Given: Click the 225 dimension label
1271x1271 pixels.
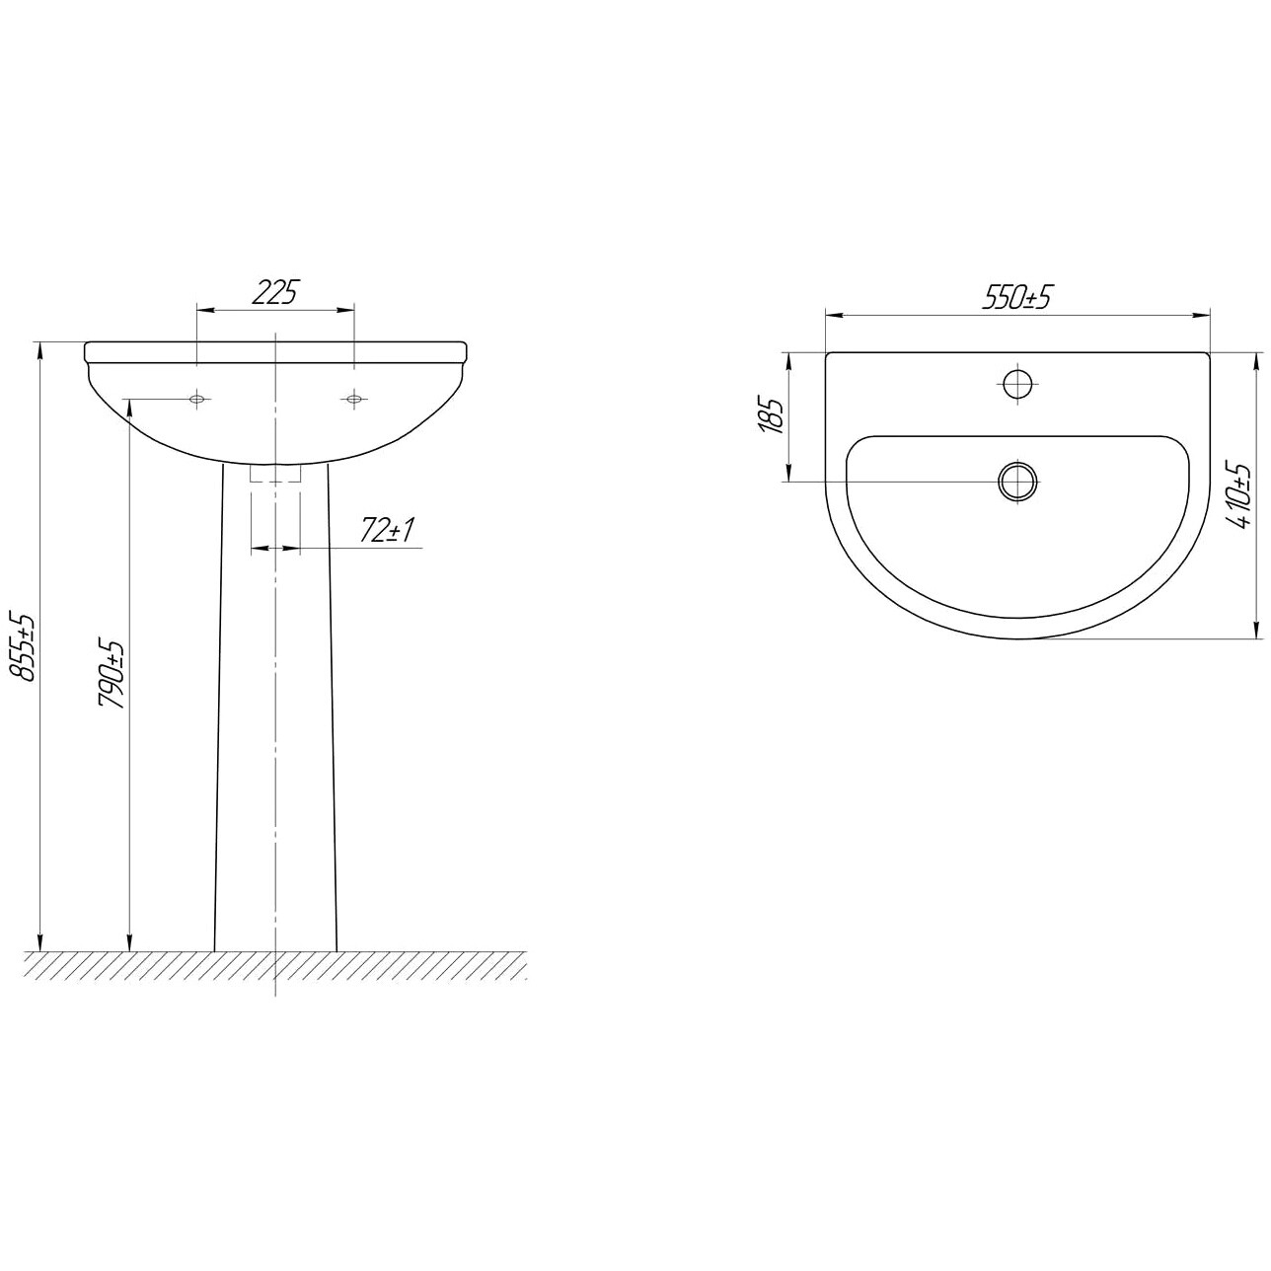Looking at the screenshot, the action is [x=275, y=292].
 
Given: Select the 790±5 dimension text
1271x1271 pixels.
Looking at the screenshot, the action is [x=112, y=673].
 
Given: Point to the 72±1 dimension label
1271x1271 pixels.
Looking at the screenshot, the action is [x=387, y=530].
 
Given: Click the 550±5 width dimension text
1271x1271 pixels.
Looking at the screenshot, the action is [x=1015, y=297].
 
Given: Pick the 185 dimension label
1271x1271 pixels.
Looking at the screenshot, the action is [x=771, y=415].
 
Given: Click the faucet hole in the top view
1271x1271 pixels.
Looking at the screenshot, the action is [x=1017, y=383].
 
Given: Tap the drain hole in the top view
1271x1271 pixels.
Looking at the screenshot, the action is [x=1017, y=481].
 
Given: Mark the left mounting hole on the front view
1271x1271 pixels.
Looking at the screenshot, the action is [x=196, y=399].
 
